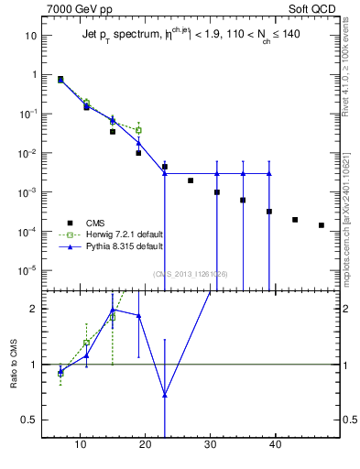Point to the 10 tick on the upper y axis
click(31, 36)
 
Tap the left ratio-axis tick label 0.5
click(29, 420)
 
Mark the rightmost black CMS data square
click(322, 225)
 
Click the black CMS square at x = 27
click(191, 180)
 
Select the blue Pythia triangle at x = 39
click(269, 173)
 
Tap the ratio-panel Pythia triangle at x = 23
click(165, 396)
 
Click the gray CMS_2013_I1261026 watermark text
click(191, 274)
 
